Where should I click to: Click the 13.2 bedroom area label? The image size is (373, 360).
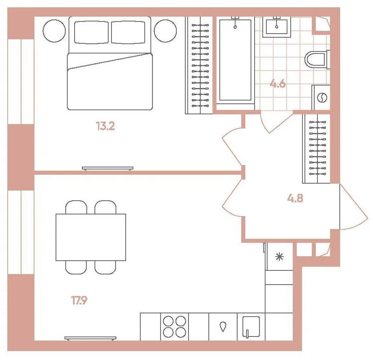pos(105,126)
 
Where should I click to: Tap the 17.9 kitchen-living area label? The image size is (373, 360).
pos(79,300)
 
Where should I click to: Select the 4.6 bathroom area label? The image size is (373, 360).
pos(278,84)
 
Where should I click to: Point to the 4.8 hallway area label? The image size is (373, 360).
pos(295,198)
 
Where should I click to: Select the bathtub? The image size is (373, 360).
pos(235,60)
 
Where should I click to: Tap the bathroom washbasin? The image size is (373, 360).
pos(277,27)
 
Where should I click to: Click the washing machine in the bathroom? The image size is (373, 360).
pos(321,97)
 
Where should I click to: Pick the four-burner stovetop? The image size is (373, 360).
pos(175,327)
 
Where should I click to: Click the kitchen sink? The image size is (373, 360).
pos(251,327)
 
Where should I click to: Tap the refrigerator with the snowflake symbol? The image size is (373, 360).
pos(279,257)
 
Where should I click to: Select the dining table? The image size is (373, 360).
pos(91,237)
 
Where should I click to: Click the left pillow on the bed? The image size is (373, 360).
pos(91,32)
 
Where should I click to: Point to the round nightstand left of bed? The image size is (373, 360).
pos(54,31)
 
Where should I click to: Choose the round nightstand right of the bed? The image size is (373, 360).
pos(165,31)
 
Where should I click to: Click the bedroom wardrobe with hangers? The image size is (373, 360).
pos(199,65)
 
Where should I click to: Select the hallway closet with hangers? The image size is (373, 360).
pos(316,149)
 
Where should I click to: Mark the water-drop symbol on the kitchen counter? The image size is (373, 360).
pos(223,327)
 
